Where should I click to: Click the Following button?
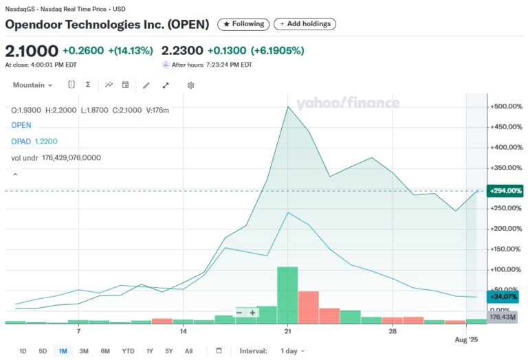click(x=243, y=24)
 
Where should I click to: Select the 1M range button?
click(x=63, y=351)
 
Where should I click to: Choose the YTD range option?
click(x=128, y=351)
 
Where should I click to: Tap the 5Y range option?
click(x=168, y=351)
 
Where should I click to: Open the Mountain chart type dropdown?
click(x=32, y=85)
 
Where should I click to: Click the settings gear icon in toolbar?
click(x=191, y=85)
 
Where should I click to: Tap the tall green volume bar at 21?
click(x=287, y=295)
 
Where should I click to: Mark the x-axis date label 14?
click(x=184, y=332)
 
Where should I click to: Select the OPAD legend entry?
click(x=21, y=141)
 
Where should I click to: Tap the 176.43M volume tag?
click(x=503, y=317)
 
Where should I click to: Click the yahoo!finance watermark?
click(x=348, y=104)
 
